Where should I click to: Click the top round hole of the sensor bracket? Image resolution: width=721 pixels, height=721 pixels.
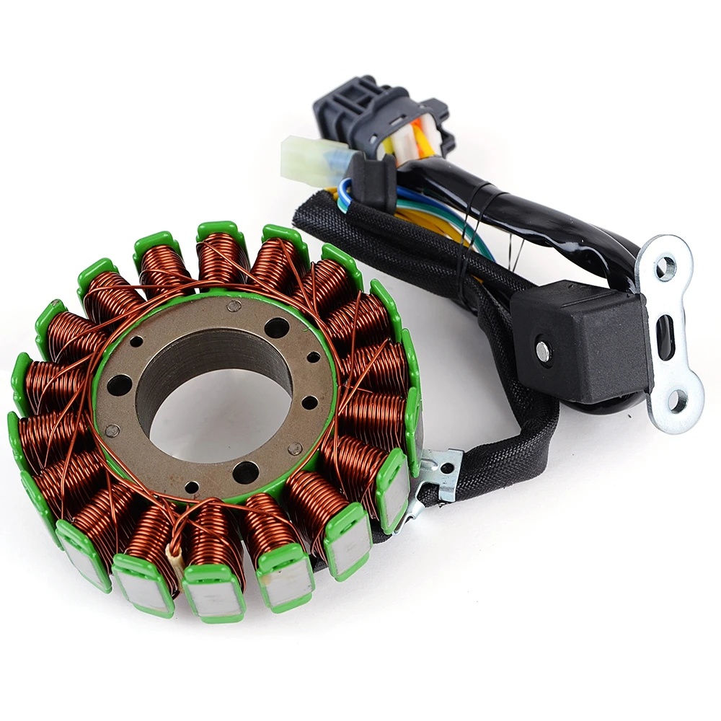[x=665, y=268]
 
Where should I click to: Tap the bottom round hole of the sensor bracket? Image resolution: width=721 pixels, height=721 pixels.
[x=677, y=401]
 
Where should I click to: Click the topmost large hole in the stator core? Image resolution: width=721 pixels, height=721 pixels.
[x=276, y=327]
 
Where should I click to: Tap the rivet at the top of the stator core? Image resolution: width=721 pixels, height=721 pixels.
[x=234, y=306]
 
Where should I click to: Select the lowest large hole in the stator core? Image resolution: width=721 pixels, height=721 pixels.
[x=245, y=472]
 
